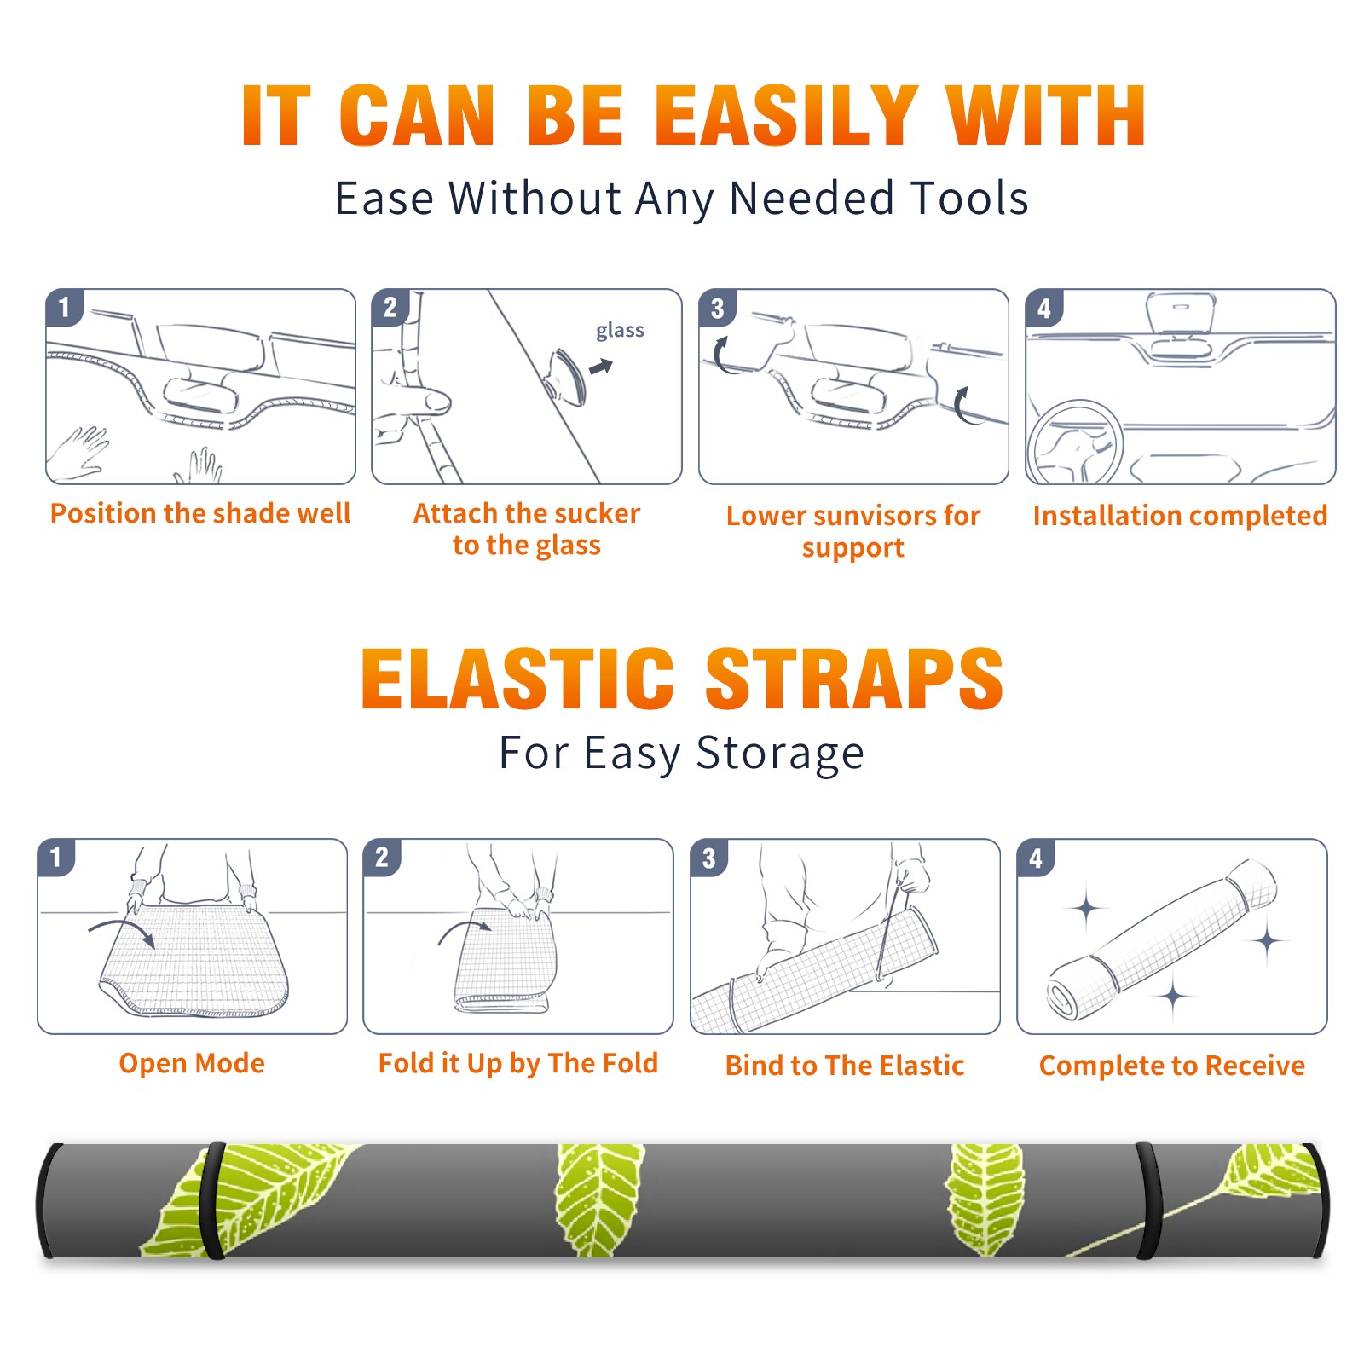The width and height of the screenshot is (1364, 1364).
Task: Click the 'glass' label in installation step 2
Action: (x=620, y=330)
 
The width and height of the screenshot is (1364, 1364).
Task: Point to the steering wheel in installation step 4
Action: (x=1074, y=442)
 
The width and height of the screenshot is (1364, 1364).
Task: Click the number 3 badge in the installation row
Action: (x=717, y=308)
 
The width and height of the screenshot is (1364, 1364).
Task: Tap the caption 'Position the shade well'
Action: (x=200, y=513)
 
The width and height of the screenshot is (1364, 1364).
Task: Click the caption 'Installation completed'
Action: (x=1180, y=515)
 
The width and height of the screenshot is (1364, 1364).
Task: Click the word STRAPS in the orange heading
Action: (x=854, y=679)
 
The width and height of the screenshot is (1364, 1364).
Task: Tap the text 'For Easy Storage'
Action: (x=681, y=753)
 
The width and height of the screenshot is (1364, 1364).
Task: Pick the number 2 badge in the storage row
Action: (x=381, y=857)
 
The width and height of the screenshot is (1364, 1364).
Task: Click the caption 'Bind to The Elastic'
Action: (x=844, y=1065)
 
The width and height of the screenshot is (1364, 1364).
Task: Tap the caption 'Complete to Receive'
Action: (x=1171, y=1065)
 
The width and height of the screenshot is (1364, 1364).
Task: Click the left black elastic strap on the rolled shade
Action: (x=213, y=1200)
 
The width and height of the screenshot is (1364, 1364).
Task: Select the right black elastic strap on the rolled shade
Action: (x=1147, y=1200)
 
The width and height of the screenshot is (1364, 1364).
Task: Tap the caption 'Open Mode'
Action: (x=192, y=1063)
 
